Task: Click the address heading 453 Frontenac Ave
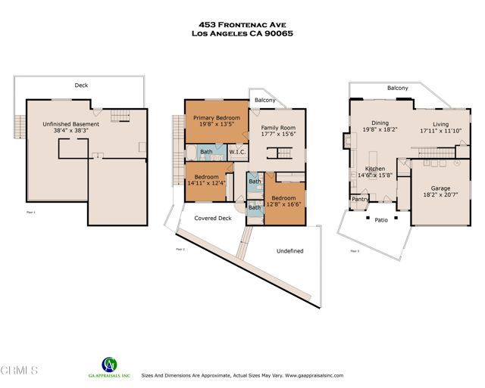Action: tap(242, 24)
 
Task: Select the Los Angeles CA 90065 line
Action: tap(242, 33)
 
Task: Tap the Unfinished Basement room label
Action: tap(70, 124)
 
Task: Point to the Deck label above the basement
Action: tap(81, 85)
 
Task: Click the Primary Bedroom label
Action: tap(216, 118)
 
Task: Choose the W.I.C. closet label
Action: tap(237, 152)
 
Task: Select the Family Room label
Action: tap(278, 128)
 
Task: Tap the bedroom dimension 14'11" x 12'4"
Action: tap(206, 183)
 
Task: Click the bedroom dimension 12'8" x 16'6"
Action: tap(283, 204)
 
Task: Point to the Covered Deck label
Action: tap(213, 218)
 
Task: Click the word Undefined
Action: tap(289, 250)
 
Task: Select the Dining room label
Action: tap(380, 123)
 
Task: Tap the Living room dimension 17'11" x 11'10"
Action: tap(440, 131)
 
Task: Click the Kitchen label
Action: tap(375, 169)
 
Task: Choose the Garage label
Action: tap(440, 188)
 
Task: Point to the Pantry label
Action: tap(359, 200)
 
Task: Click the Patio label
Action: tap(380, 220)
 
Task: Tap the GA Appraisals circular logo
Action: tap(109, 365)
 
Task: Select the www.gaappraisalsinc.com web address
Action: tap(314, 375)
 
